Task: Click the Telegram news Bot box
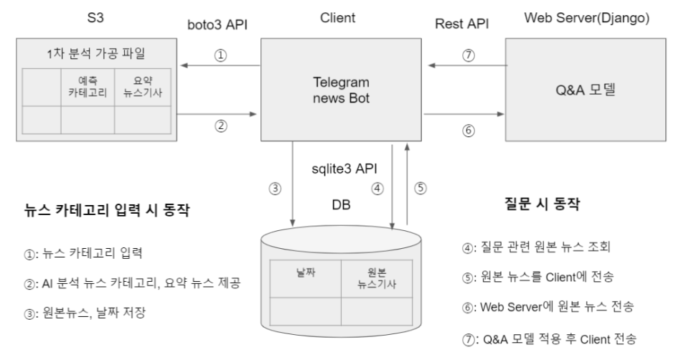click(341, 89)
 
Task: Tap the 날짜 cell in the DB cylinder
click(305, 275)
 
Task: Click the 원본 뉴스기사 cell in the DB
click(377, 275)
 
